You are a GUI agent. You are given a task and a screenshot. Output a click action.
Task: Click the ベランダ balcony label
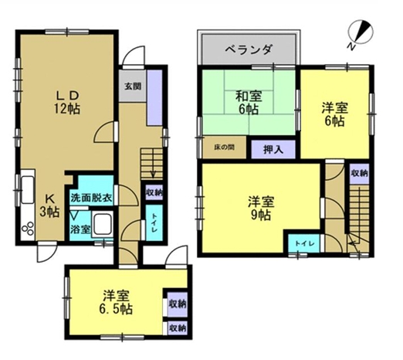coord(249,49)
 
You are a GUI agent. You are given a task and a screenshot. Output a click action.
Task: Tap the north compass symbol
coord(361,33)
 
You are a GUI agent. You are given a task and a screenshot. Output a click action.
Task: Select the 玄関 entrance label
coord(133,87)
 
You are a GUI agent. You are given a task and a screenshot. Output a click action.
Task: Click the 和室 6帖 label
coord(249,103)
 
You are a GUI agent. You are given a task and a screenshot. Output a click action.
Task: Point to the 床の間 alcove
coord(225,148)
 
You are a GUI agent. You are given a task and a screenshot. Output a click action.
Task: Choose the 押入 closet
coord(273,149)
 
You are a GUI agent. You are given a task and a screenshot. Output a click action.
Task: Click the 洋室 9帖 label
coord(261,209)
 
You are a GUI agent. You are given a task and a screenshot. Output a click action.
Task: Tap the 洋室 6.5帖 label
coord(116,302)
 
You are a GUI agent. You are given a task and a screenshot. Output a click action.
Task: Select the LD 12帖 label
coord(67,103)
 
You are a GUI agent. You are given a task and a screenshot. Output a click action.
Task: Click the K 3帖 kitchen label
coord(49,205)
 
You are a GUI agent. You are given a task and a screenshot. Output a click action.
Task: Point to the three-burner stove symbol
coord(28,228)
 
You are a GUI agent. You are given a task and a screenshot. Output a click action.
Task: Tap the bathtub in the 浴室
coord(102,223)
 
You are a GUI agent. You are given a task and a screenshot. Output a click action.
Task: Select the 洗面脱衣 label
coord(91,198)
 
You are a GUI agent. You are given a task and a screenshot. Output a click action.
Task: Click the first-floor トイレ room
coord(154,222)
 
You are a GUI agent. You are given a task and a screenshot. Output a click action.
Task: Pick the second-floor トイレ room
coord(304,243)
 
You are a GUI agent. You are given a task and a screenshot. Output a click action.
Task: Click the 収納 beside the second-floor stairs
coord(359,174)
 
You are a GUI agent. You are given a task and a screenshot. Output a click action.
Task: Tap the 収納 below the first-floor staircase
coord(154,192)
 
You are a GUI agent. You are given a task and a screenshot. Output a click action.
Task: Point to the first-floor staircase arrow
coord(154,164)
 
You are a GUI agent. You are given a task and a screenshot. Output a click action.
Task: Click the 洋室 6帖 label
coord(335,114)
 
